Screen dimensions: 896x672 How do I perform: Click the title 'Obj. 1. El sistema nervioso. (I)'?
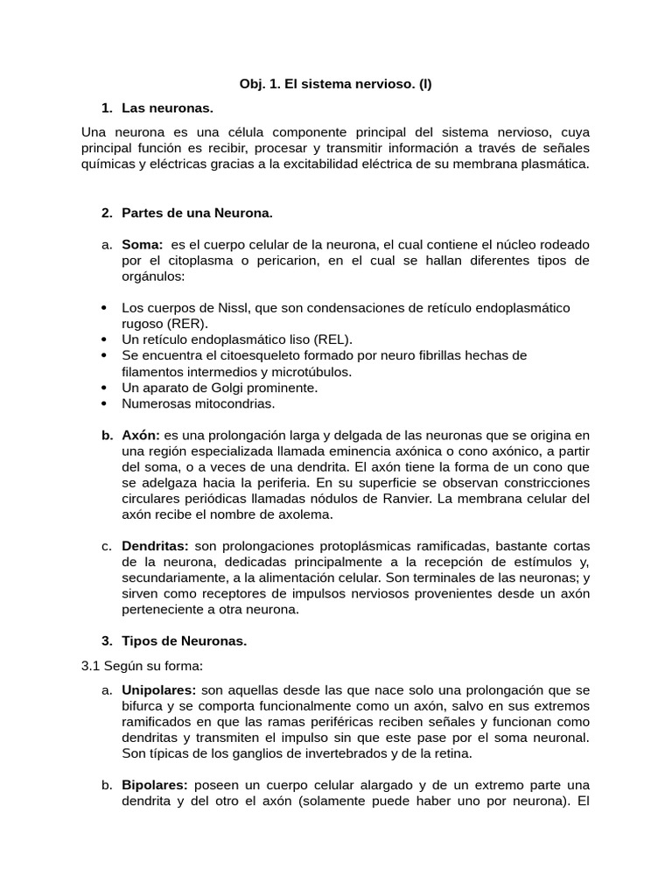[336, 85]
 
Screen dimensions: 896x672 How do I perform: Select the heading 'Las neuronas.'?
[167, 108]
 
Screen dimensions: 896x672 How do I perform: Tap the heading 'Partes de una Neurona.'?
[197, 213]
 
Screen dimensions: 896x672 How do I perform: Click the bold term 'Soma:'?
[143, 244]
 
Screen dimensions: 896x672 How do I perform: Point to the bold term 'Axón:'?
[141, 435]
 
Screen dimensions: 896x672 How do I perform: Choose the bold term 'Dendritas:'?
[155, 546]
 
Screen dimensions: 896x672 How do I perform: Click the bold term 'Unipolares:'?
[158, 690]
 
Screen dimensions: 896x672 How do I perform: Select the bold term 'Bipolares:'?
[154, 785]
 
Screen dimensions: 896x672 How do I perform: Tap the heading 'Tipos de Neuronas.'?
[184, 640]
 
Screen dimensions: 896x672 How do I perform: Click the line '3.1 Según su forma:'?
[142, 665]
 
